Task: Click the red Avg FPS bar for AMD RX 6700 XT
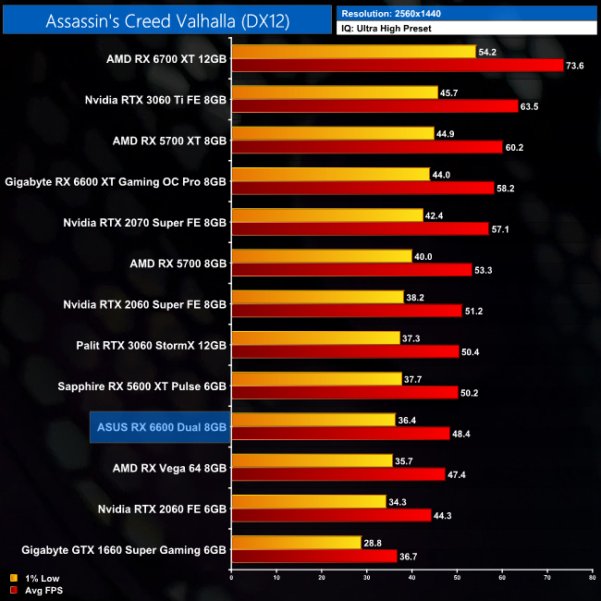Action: (398, 65)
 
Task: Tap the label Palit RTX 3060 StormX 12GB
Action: (152, 345)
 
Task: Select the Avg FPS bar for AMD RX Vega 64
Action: (338, 473)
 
